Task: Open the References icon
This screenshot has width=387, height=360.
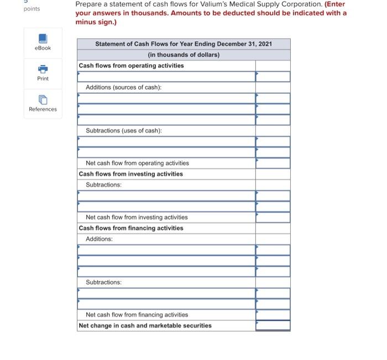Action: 43,100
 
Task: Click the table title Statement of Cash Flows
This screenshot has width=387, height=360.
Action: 184,44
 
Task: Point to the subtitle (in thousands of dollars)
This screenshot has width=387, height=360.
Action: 184,55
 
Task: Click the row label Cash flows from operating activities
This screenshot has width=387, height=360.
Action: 131,66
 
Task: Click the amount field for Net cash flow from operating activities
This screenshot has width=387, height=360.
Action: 273,163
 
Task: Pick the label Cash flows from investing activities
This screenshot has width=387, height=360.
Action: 130,174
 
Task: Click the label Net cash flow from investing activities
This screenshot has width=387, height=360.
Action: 137,217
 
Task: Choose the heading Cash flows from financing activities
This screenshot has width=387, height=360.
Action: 131,228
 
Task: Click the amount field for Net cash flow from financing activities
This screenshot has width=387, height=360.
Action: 273,314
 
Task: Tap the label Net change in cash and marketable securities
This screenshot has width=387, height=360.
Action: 145,325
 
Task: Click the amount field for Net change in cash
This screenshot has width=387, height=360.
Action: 273,325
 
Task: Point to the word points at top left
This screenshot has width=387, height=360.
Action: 32,9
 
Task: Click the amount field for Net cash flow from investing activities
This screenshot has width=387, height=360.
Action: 273,217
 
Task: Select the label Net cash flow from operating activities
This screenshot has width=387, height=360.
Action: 137,163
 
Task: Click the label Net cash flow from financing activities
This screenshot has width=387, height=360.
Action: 137,314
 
